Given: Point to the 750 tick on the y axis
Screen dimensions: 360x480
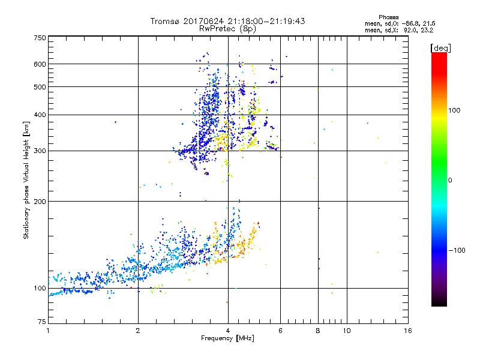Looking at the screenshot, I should tap(40, 37).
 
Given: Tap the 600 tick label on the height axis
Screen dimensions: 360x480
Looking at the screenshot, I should tap(40, 64).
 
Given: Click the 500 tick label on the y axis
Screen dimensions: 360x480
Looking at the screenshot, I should tap(40, 86).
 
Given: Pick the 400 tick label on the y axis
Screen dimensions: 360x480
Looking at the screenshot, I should tap(40, 115).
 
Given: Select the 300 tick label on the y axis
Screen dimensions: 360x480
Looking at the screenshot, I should tap(40, 151).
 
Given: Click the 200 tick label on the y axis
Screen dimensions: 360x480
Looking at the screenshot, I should tap(40, 201).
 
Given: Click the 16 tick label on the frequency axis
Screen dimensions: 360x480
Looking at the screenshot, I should tap(407, 331).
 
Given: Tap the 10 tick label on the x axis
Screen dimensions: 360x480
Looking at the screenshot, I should tap(346, 331).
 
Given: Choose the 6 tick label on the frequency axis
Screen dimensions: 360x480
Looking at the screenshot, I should tap(280, 331).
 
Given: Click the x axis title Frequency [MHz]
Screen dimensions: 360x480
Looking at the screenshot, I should tap(227, 338).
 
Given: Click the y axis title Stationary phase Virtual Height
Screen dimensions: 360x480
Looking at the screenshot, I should tap(26, 180).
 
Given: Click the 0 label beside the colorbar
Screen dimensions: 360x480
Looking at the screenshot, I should tap(451, 180).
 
